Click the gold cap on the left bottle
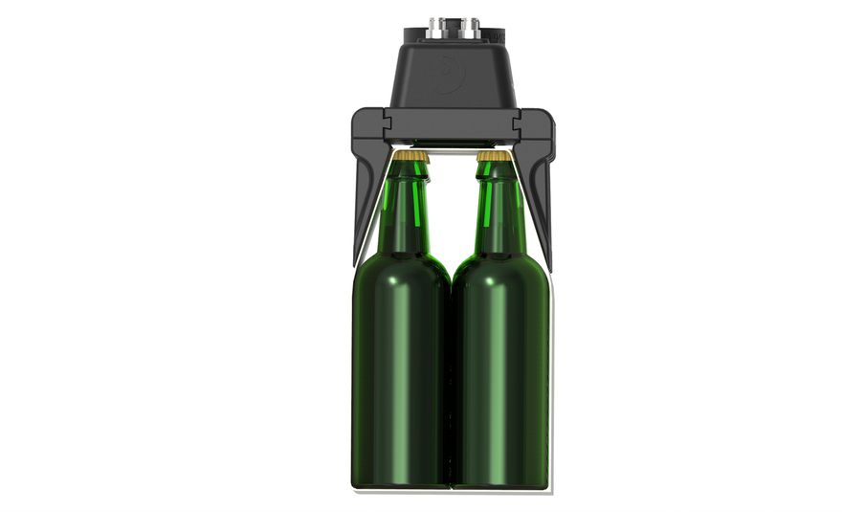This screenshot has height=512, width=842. click(x=412, y=155)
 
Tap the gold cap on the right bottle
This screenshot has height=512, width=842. click(x=493, y=155)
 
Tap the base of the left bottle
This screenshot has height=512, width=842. click(x=400, y=479)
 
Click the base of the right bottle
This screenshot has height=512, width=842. click(x=500, y=479)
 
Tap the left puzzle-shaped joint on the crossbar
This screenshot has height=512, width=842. click(x=388, y=122)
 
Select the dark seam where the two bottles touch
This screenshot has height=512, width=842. click(x=451, y=383)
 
